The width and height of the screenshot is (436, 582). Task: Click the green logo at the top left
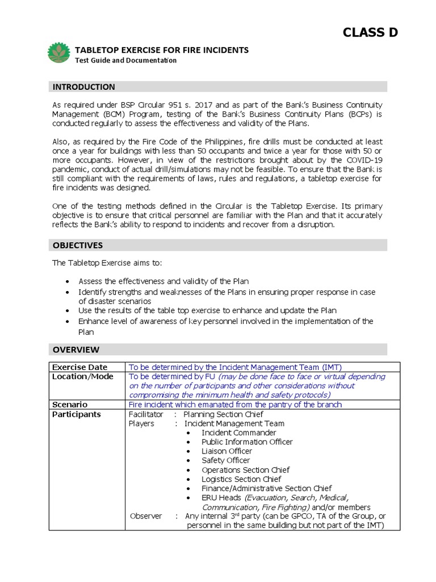(x=60, y=52)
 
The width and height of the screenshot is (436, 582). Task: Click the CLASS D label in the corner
(x=370, y=32)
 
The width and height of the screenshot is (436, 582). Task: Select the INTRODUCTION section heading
(x=83, y=87)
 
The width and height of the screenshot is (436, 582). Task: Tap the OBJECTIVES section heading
(x=78, y=245)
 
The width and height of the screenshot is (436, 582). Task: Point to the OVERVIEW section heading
(x=76, y=350)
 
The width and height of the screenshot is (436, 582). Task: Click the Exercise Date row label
(x=79, y=367)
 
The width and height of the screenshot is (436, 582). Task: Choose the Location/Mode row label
(x=83, y=376)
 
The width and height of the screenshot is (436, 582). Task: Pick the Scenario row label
(x=70, y=405)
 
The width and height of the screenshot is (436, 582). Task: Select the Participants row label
(x=77, y=414)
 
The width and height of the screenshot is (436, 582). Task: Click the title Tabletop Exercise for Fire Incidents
(x=162, y=50)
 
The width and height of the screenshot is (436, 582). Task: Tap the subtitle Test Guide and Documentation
(x=126, y=60)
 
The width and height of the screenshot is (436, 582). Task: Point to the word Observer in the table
(x=146, y=516)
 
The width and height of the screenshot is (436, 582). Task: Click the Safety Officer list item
(x=225, y=460)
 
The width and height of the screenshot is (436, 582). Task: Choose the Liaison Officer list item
(x=227, y=451)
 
